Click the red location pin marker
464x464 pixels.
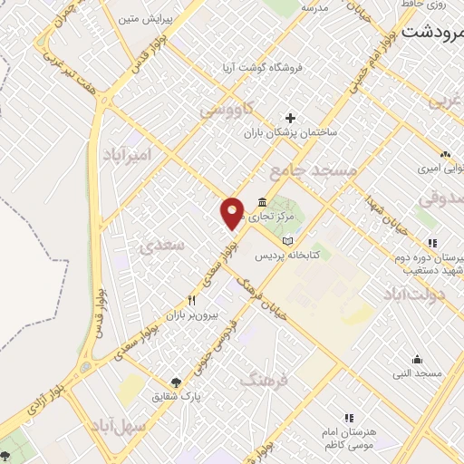coord(232,212)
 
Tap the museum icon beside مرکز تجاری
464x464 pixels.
coord(262,201)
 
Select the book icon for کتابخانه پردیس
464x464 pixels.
coord(288,241)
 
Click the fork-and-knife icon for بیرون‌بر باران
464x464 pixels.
coord(191,300)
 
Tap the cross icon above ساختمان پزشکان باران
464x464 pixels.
coord(290,118)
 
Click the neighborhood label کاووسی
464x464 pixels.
coord(234,110)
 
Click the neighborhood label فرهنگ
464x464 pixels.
coord(263,380)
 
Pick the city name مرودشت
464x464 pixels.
coord(432,34)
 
